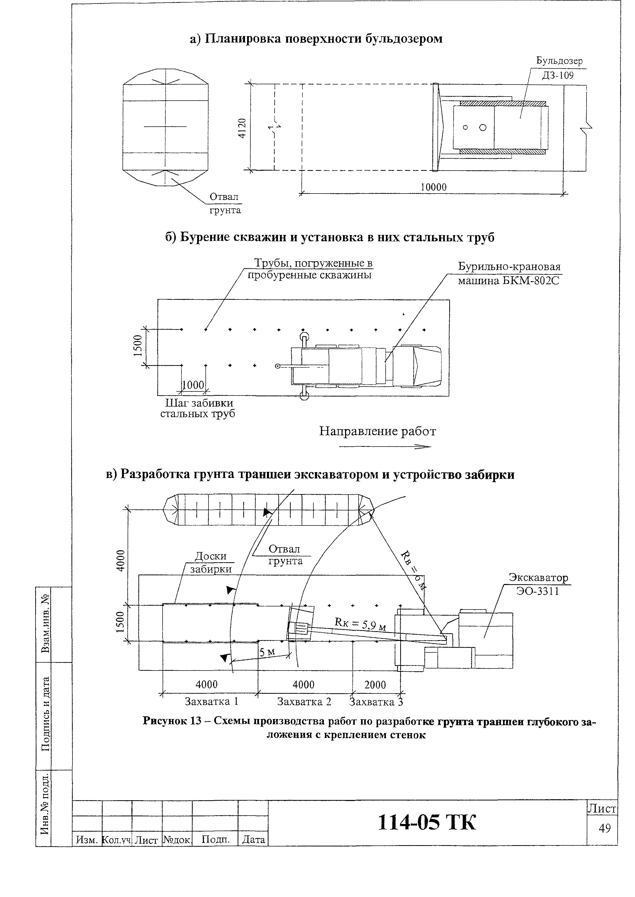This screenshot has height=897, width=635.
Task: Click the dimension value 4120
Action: (242, 128)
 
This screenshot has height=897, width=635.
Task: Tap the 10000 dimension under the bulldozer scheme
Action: (433, 187)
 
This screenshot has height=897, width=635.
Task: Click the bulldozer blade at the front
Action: (436, 127)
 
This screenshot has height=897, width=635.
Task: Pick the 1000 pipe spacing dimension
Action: (193, 385)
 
